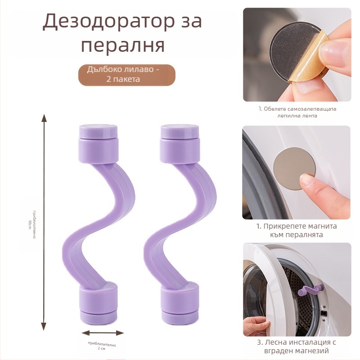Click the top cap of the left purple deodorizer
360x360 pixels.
(98, 133)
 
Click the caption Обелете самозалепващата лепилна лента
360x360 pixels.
(297, 112)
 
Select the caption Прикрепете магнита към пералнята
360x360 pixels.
(297, 230)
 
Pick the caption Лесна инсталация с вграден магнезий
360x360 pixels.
(297, 346)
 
